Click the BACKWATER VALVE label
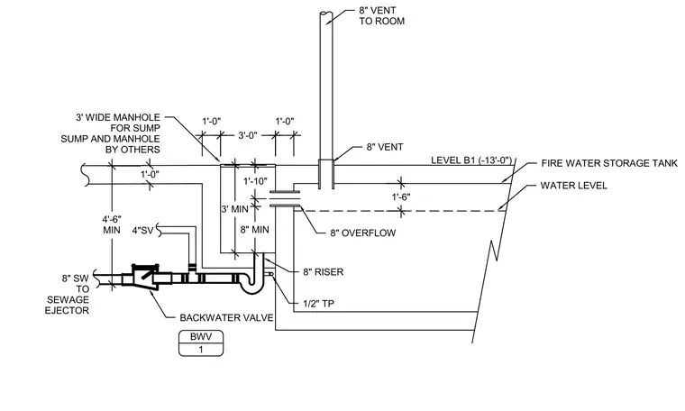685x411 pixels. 226,317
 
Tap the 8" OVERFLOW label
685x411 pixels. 362,233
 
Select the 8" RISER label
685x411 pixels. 324,271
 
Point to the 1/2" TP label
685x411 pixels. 318,303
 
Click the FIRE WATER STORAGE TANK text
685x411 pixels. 609,163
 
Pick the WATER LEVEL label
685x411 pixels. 573,186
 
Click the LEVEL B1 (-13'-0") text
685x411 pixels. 471,160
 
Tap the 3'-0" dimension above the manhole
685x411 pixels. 248,136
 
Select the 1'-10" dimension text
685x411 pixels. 255,181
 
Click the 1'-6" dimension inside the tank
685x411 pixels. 400,197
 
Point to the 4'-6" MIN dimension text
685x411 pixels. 112,224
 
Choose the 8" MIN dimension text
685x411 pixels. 255,230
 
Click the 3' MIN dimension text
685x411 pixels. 234,209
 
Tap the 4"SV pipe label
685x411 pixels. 142,230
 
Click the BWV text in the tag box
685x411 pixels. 201,337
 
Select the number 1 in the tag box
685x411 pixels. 201,350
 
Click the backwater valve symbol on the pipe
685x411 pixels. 145,277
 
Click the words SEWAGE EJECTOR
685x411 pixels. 68,305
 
